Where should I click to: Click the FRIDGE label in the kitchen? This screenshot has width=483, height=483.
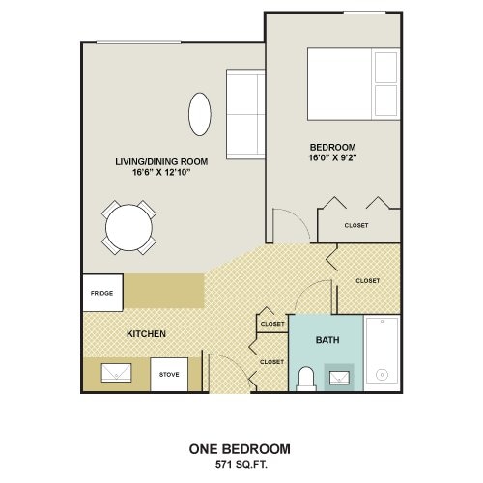[101, 293]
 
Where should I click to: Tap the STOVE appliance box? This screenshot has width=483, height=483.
[169, 375]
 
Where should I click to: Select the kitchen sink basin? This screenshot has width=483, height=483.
[116, 373]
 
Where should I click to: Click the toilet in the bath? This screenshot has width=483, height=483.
[306, 379]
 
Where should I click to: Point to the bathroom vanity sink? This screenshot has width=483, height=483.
[339, 378]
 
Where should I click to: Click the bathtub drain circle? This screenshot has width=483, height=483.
[383, 375]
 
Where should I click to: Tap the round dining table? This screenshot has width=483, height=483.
[128, 228]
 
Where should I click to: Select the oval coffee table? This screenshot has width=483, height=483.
[200, 114]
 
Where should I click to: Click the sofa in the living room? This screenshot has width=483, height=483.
[245, 114]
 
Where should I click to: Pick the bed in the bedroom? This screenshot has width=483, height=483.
[354, 84]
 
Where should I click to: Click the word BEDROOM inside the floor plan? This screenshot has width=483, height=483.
[333, 147]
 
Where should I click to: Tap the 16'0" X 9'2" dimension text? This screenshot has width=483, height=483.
[333, 158]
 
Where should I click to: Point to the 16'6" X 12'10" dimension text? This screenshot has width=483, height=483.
[161, 172]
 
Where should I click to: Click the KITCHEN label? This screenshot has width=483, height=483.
[146, 334]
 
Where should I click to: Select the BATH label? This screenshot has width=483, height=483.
[327, 340]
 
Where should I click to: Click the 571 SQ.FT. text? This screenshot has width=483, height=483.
[241, 465]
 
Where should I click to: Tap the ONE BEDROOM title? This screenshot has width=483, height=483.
[240, 449]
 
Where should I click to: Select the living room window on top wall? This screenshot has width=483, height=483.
[139, 43]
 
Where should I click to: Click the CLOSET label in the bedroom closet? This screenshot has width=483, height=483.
[356, 225]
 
